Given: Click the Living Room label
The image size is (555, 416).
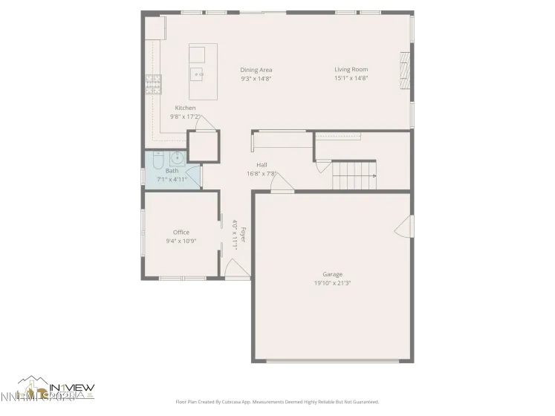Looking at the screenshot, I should point(351,70).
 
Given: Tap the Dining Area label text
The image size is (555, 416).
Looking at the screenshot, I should point(256,70).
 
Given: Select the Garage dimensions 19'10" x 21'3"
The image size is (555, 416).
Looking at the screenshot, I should point(332,283).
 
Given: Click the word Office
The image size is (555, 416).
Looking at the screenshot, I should point(181,233).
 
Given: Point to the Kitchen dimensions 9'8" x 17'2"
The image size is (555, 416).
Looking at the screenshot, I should point(185,117).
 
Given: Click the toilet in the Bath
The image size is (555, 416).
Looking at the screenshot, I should point(158,161).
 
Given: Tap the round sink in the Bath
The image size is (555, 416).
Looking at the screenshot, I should point(178,158).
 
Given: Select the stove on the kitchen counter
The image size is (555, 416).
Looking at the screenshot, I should point(154,85).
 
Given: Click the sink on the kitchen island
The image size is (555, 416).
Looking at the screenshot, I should point(198,74).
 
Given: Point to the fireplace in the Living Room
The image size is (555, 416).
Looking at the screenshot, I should point(404,71).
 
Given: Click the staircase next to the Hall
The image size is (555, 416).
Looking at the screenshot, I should point(353,176).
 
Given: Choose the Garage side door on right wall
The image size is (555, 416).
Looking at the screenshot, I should point(404,227).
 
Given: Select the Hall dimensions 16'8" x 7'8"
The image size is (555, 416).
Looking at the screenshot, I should point(262,174).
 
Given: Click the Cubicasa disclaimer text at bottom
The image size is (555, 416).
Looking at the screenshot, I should point(277,402).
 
